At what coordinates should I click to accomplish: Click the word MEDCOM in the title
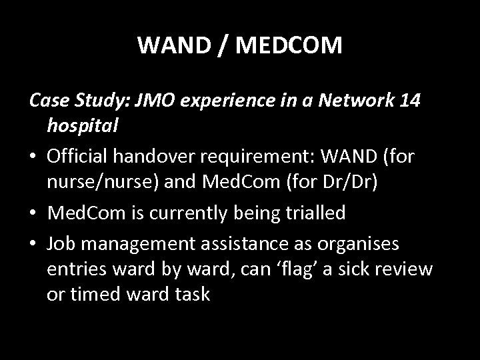point(288,45)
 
